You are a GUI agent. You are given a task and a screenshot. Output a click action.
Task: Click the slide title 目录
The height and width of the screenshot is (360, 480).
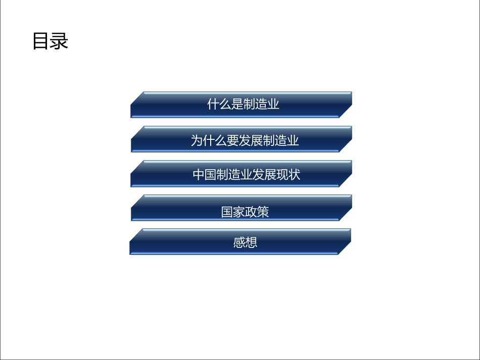point(50,41)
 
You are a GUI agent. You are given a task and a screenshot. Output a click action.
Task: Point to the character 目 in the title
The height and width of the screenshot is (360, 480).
point(41,41)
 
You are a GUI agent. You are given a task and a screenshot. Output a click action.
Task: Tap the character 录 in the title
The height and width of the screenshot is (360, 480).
point(59,41)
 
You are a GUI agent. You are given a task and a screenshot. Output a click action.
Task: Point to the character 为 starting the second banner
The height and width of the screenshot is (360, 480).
point(197,140)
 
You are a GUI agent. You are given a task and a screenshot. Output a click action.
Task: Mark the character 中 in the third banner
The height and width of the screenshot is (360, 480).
point(199,175)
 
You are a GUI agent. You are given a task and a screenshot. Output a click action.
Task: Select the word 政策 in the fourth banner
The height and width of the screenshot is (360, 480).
point(257,212)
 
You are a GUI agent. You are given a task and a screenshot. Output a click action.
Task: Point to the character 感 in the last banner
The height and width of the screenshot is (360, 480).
point(239,243)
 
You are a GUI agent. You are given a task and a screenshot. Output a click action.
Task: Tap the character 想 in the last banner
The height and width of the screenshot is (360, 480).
point(251,243)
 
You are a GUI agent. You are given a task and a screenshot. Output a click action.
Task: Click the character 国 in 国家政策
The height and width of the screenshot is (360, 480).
point(227,212)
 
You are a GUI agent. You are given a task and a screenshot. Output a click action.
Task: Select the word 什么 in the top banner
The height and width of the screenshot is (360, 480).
point(219,105)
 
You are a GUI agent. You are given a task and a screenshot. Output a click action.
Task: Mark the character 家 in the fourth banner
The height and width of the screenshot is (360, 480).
point(239,212)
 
